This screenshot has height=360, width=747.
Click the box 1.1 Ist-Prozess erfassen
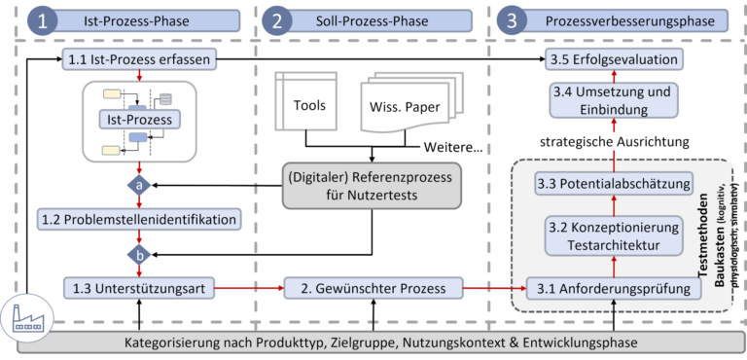[x=140, y=60]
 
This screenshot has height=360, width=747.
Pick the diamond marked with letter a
[x=139, y=184]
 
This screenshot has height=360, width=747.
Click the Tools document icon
[x=309, y=103]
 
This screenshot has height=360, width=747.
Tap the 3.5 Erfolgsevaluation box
[x=611, y=60]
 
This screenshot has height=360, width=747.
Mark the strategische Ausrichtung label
[x=614, y=142]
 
